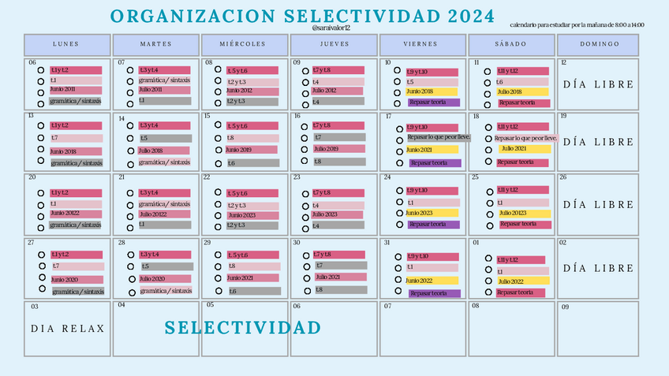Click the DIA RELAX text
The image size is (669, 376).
pos(68,329)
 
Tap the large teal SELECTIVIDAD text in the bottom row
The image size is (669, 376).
pos(243,328)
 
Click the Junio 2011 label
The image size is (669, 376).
pos(63,90)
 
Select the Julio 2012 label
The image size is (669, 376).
pos(324,91)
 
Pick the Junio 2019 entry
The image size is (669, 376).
pos(240,150)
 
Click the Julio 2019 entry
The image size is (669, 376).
pos(326,149)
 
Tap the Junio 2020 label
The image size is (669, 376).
pos(64,280)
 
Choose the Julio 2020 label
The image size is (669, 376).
pos(151,279)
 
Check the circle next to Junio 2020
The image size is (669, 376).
pos(41,278)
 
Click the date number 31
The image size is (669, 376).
pos(387,243)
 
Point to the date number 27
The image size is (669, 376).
pos(32,243)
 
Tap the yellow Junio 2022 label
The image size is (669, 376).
pos(421,281)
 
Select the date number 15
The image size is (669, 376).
pos(207,117)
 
